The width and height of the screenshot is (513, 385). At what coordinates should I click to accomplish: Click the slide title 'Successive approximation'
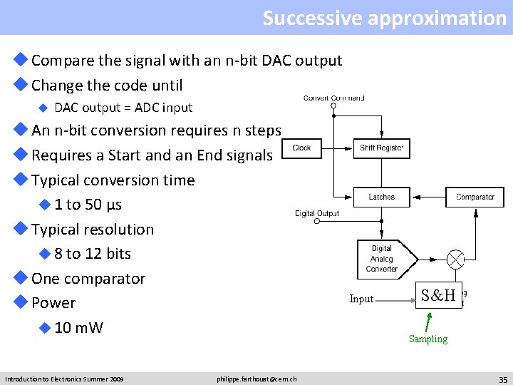384,18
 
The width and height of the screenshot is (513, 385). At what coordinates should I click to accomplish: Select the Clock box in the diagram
301,148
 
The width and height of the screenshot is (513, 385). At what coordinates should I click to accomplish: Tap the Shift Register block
382,148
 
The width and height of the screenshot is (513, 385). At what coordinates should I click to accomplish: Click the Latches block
382,197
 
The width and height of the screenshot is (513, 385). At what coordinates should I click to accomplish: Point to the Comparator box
475,197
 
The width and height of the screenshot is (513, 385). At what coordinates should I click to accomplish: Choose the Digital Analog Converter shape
382,259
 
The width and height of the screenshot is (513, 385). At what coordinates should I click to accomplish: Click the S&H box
437,295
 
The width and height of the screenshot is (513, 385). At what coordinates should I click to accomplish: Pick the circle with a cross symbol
455,259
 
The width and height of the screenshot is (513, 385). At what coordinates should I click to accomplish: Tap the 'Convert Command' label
334,98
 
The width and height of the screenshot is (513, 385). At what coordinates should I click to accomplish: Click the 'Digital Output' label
317,213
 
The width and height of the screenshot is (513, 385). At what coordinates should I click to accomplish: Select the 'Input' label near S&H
361,299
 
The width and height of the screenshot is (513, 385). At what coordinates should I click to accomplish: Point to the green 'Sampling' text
428,339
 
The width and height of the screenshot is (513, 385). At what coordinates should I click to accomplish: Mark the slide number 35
502,379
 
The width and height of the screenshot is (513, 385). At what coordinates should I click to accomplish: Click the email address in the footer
256,379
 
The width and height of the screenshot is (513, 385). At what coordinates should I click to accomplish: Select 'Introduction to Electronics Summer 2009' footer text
64,379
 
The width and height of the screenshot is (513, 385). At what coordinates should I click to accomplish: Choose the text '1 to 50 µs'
88,205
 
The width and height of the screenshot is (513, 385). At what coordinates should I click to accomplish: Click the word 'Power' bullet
53,303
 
